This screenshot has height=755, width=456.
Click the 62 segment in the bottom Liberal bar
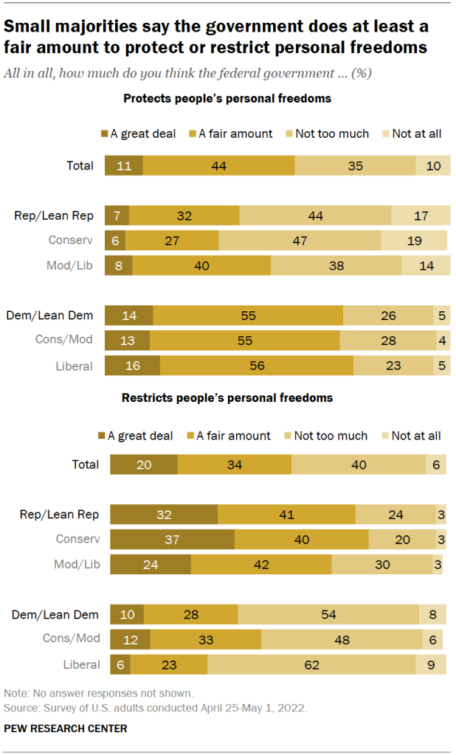(311, 664)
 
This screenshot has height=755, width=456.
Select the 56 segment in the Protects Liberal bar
(256, 366)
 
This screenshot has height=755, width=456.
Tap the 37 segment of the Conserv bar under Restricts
(172, 539)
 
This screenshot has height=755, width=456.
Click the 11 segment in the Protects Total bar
(123, 166)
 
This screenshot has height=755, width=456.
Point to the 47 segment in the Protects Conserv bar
(300, 240)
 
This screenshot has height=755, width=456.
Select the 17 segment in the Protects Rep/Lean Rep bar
(421, 215)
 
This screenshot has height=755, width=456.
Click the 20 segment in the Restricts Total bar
(143, 465)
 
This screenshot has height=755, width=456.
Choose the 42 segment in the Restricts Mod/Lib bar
(261, 565)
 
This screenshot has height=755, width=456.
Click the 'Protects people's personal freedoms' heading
(227, 98)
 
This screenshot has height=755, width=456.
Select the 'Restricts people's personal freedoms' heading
(227, 397)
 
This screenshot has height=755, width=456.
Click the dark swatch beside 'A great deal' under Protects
(103, 133)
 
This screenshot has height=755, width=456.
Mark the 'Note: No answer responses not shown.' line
(98, 694)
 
